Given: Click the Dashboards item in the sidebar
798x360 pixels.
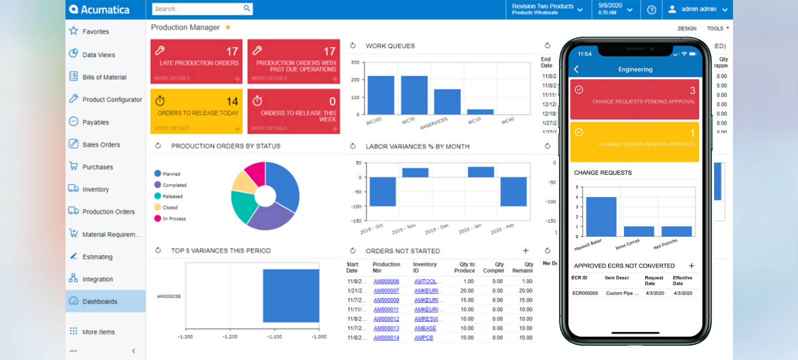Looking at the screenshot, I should pyautogui.click(x=99, y=301).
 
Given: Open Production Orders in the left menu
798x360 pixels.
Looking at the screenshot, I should pyautogui.click(x=108, y=211).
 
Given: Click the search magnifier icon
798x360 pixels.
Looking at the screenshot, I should pyautogui.click(x=247, y=8).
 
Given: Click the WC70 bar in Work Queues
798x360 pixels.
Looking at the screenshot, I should pyautogui.click(x=414, y=95).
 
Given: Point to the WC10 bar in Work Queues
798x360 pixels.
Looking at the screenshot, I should pyautogui.click(x=480, y=111).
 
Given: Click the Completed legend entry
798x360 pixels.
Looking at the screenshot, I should pyautogui.click(x=173, y=185).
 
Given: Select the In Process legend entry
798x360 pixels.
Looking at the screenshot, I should pyautogui.click(x=173, y=218).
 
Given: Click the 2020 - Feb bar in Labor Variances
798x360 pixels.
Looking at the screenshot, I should pyautogui.click(x=513, y=191).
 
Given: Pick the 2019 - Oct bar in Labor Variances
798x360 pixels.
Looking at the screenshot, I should pyautogui.click(x=383, y=191).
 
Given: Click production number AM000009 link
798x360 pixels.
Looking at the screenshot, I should pyautogui.click(x=386, y=300).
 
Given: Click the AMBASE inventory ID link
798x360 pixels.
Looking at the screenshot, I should pyautogui.click(x=425, y=328).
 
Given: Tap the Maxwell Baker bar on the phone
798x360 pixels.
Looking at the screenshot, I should pyautogui.click(x=601, y=216).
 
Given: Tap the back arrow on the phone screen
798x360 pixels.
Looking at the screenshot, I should pyautogui.click(x=576, y=69).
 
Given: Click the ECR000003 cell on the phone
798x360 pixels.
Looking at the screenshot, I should pyautogui.click(x=585, y=293).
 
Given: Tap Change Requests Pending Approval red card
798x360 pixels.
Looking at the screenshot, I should pyautogui.click(x=635, y=98).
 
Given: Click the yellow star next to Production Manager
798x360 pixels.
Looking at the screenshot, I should pyautogui.click(x=228, y=27).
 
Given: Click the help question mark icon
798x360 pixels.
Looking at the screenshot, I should pyautogui.click(x=651, y=9).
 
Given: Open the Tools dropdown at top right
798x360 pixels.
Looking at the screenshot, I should pyautogui.click(x=718, y=28).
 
